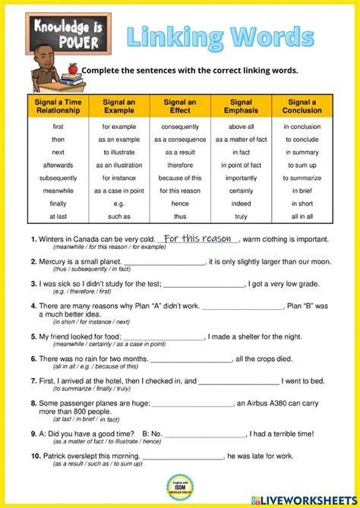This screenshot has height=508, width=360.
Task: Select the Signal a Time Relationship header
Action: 58,107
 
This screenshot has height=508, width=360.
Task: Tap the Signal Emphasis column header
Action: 241,107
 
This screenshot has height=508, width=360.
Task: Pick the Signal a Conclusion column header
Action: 302,107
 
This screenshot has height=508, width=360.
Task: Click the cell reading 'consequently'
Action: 180,127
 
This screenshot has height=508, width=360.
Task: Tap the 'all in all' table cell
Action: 302,216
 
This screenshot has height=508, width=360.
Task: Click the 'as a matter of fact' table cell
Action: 241,140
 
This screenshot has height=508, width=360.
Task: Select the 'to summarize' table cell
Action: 302,178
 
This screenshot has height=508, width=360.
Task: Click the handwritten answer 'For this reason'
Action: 197,238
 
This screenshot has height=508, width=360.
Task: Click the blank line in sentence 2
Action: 164,263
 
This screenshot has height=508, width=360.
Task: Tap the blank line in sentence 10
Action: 182,456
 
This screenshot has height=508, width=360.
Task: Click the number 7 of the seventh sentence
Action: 33,380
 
